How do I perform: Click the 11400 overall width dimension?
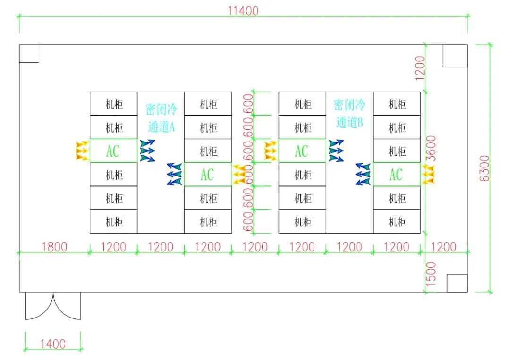point(243,11)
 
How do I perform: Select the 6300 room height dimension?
point(484,168)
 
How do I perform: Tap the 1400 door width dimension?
point(53,344)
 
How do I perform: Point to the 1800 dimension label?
point(54,247)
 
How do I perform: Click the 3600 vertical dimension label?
point(431,148)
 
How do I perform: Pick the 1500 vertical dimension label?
point(431,274)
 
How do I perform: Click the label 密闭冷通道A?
point(161,118)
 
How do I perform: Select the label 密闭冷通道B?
point(349,114)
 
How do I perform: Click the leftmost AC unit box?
point(113,151)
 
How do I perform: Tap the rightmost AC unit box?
point(397,174)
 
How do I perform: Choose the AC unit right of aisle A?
point(208,174)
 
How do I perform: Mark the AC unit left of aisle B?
point(302,151)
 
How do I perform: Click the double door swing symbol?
point(53,305)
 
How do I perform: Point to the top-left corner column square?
point(29,54)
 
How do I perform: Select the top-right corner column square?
point(455,56)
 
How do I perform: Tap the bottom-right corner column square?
point(457,283)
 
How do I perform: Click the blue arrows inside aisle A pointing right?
point(147,151)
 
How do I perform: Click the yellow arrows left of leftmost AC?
point(82,151)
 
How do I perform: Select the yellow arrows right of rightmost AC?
point(428,174)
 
